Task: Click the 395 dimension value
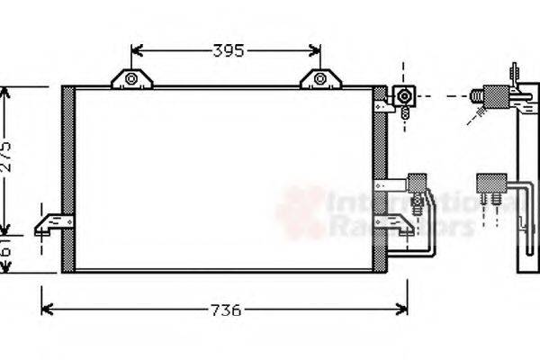tap(229, 51)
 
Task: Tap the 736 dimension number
tap(225, 310)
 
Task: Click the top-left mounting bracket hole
tap(131, 79)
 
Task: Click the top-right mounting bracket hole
tap(320, 79)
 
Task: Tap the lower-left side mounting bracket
tap(52, 222)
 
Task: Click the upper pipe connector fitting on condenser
tap(404, 96)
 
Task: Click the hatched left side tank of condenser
tap(67, 180)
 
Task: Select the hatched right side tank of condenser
tap(380, 180)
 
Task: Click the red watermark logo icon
tap(301, 211)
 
